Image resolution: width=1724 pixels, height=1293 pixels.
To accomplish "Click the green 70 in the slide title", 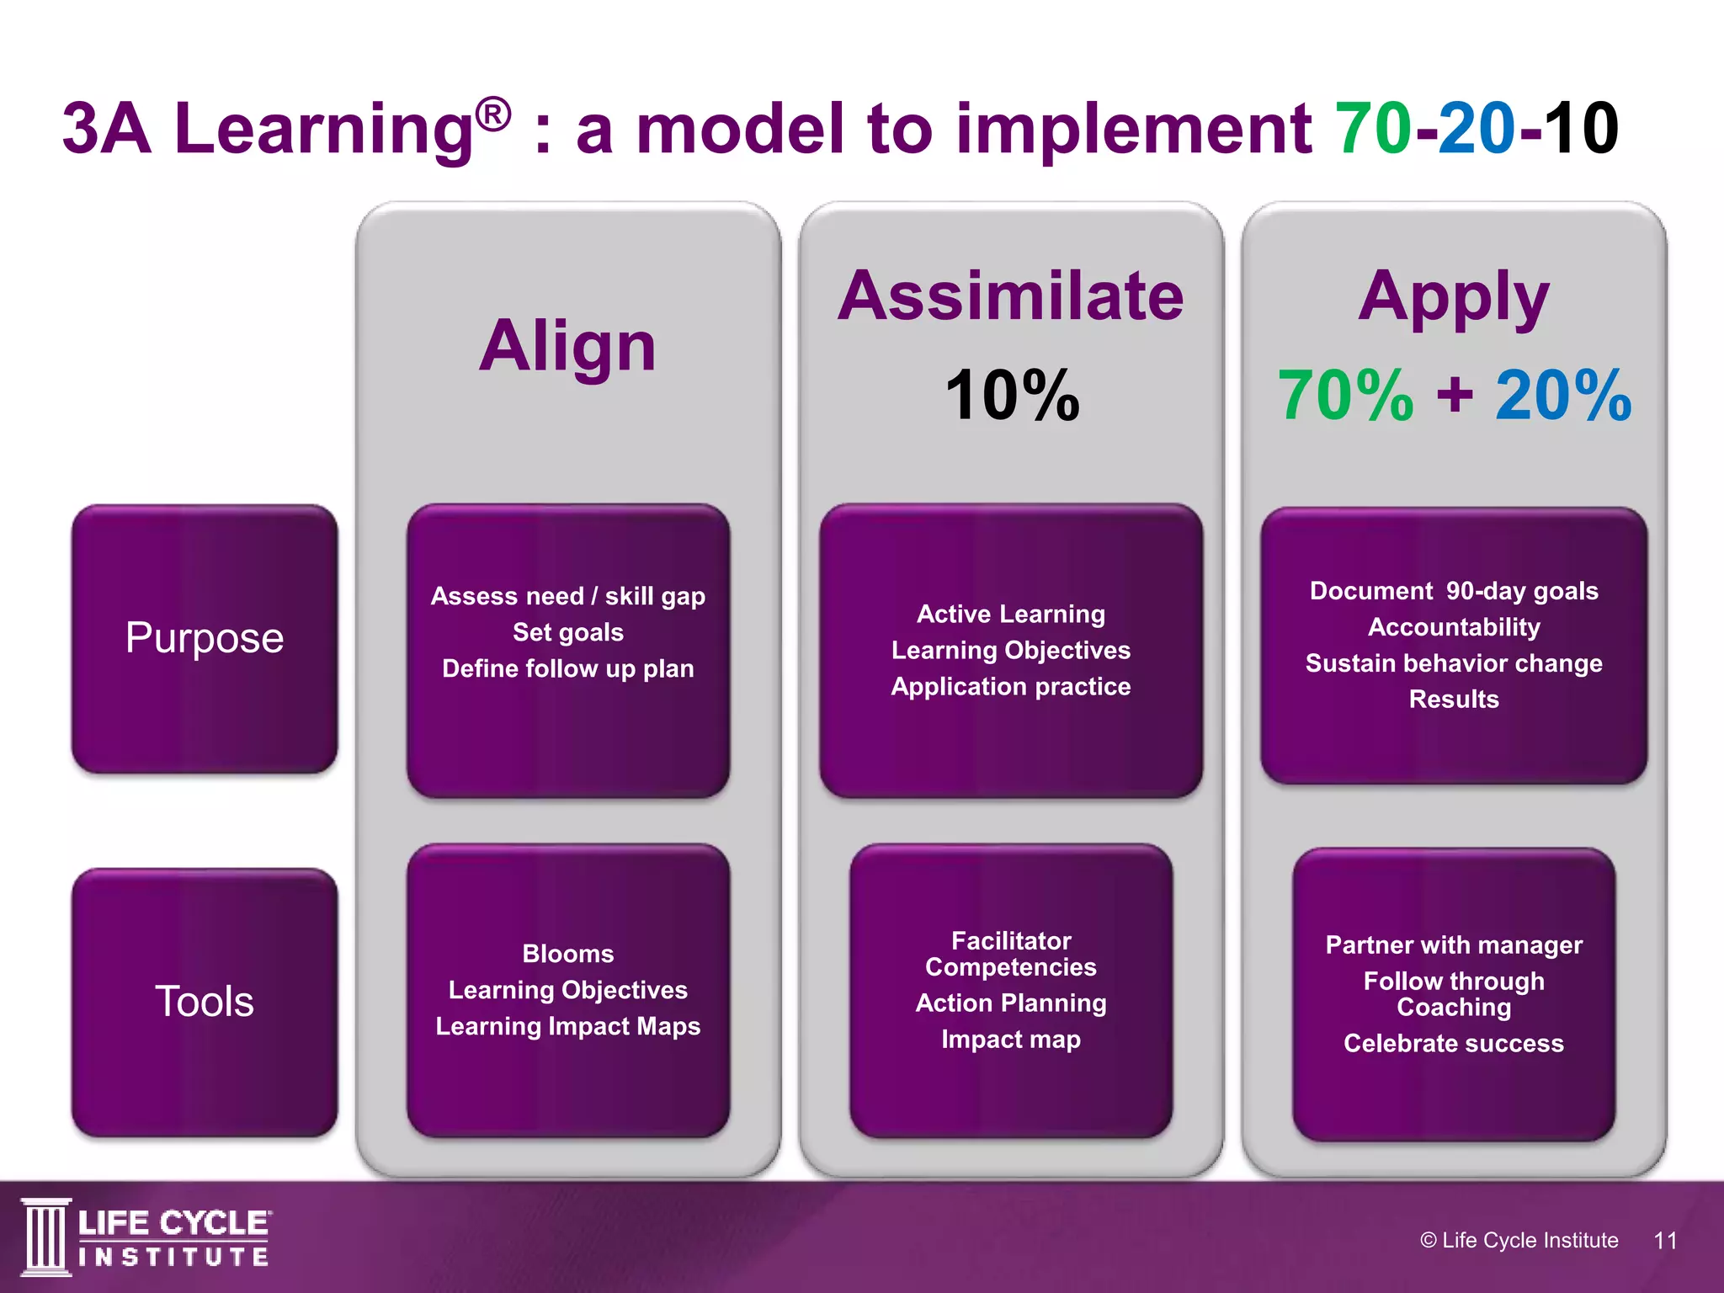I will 1374,128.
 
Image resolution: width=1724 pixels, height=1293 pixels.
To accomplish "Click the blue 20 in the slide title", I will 1477,128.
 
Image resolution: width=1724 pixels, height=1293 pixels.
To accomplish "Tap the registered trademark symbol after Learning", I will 492,114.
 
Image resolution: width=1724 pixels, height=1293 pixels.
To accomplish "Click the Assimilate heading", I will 1010,296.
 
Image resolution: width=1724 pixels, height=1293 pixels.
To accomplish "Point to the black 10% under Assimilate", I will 1012,396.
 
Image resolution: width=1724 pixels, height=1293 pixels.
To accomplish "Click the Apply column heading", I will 1454,296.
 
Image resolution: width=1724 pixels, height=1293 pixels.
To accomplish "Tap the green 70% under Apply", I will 1345,396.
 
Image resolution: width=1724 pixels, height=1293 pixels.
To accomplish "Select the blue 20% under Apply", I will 1563,396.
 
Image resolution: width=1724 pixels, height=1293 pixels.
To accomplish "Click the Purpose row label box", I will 205,638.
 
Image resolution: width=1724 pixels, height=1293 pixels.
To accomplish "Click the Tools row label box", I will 205,1002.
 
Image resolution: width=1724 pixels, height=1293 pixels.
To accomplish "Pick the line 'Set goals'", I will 568,632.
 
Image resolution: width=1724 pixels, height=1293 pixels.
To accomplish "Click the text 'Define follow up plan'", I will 568,668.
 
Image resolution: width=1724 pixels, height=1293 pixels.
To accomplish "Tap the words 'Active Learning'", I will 1010,614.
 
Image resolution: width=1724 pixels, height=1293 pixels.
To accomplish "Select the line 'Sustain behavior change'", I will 1454,663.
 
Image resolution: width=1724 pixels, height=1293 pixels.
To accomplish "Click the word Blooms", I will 568,954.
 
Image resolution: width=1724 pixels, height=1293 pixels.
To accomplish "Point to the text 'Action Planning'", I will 1010,1003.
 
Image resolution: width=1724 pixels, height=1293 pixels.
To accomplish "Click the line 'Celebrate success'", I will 1454,1044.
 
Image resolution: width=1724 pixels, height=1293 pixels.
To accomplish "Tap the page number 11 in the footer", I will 1665,1240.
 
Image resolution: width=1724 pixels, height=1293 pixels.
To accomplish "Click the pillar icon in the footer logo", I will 45,1237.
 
